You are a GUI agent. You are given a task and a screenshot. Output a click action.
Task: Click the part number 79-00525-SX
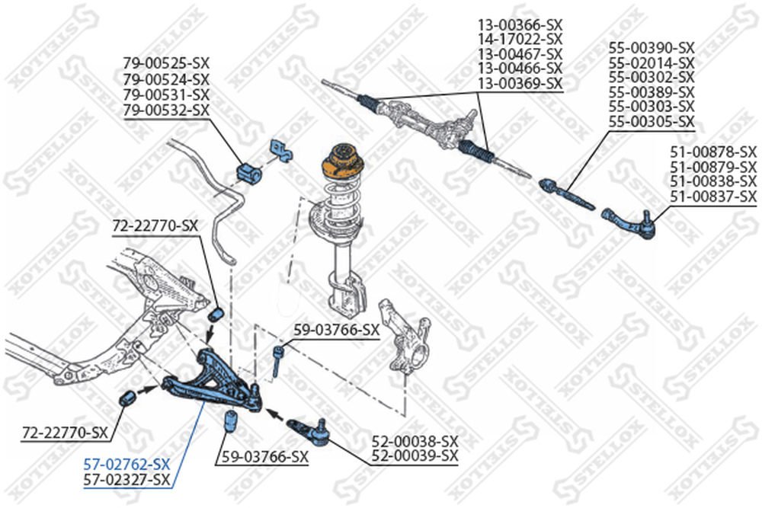click(x=166, y=63)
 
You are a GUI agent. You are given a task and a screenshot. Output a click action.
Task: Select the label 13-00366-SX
click(x=520, y=24)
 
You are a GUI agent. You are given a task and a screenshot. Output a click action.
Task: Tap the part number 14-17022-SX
click(x=520, y=39)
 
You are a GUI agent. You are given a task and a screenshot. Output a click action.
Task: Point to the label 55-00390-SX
click(x=652, y=48)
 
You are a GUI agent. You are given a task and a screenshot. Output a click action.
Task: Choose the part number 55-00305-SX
click(x=652, y=121)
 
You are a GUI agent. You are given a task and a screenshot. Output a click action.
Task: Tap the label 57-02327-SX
click(x=126, y=479)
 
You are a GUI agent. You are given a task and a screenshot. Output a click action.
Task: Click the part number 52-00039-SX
click(x=415, y=456)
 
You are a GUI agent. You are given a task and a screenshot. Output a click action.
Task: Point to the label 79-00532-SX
click(x=166, y=111)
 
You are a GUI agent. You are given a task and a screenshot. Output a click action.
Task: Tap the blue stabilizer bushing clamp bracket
click(x=279, y=150)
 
